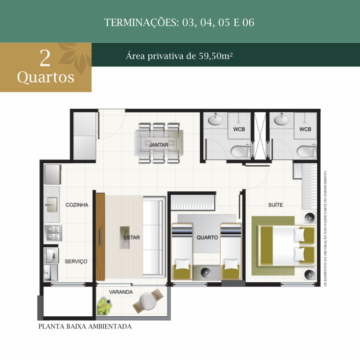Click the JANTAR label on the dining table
coord(159,145)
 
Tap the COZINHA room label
coord(77,205)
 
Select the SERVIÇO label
coord(76,261)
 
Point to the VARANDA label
coord(121,292)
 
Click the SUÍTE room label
coord(275,205)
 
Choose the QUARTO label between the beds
coord(207,238)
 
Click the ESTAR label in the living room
coord(131,238)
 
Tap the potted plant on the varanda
coord(104,306)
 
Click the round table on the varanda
coord(147,301)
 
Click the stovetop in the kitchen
coord(54,233)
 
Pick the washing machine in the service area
coord(52,255)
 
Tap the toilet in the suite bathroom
coord(306,151)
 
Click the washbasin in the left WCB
coord(215,119)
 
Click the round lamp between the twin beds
coord(206,272)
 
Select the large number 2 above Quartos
coord(45,58)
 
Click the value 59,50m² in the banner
coord(215,56)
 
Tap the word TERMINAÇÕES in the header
coord(142,23)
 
